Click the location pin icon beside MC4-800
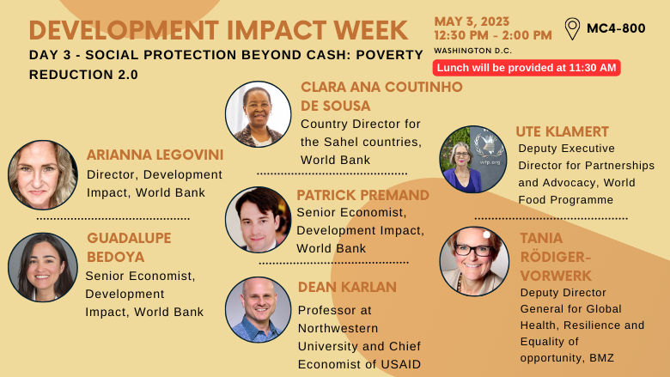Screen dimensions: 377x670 point(572,28)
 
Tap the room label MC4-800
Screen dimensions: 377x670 point(616,28)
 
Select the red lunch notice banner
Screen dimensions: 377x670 point(527,68)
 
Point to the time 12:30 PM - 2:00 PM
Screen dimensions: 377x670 point(493,35)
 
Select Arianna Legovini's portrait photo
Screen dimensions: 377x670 point(43,175)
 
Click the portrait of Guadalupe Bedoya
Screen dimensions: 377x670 point(43,267)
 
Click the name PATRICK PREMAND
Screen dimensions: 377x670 point(362,195)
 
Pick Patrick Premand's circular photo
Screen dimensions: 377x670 point(258,219)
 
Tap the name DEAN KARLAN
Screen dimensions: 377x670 point(347,287)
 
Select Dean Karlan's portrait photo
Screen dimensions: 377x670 point(258,310)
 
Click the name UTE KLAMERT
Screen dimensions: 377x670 point(562,132)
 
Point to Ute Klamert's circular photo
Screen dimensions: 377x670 point(472,160)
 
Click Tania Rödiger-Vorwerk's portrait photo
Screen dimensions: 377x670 point(474,261)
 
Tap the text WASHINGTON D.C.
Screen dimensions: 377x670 point(472,51)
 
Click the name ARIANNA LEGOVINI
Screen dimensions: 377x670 point(155,155)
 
